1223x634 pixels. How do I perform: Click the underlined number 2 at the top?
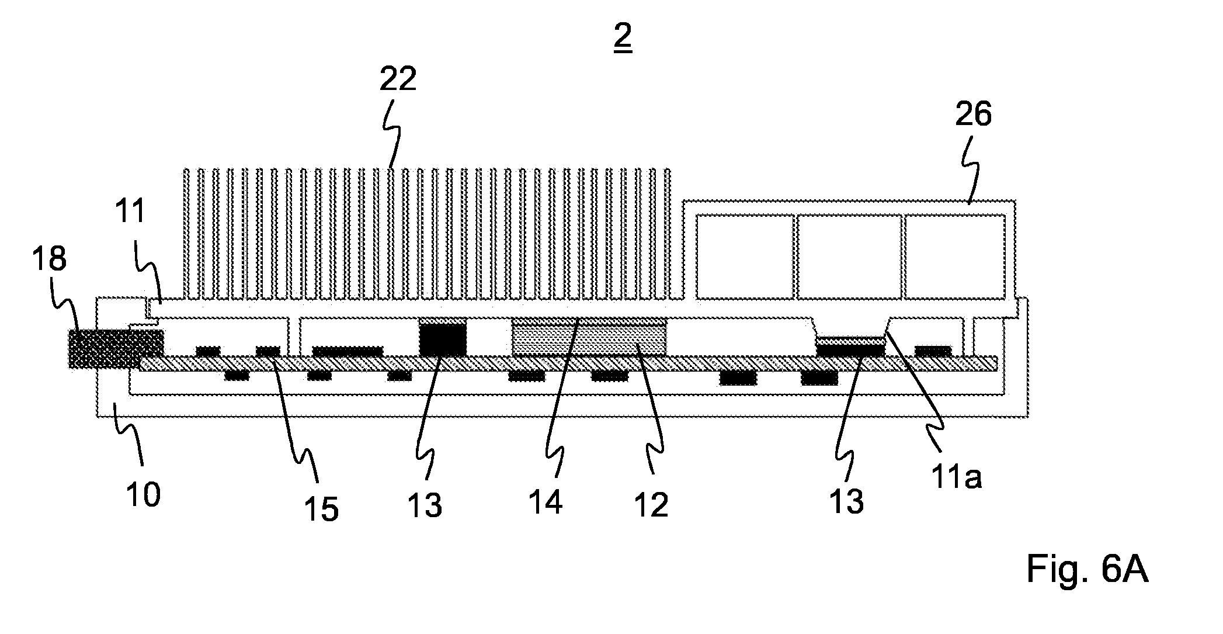[x=623, y=38]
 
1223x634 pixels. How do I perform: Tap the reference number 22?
[x=398, y=79]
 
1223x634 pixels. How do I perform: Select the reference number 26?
[x=974, y=115]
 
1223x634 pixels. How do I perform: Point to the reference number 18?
[x=49, y=259]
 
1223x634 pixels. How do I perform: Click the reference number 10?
[x=143, y=495]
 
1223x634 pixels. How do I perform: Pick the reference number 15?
[x=321, y=509]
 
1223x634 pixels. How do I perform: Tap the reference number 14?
[x=546, y=502]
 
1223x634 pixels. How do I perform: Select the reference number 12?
[x=651, y=505]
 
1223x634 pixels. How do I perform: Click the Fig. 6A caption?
[x=1088, y=570]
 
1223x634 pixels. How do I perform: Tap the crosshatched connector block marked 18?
[x=116, y=349]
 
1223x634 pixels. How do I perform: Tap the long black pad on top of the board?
[x=348, y=351]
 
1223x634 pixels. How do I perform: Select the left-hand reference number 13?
[x=425, y=505]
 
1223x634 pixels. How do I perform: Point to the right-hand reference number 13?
[x=846, y=501]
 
